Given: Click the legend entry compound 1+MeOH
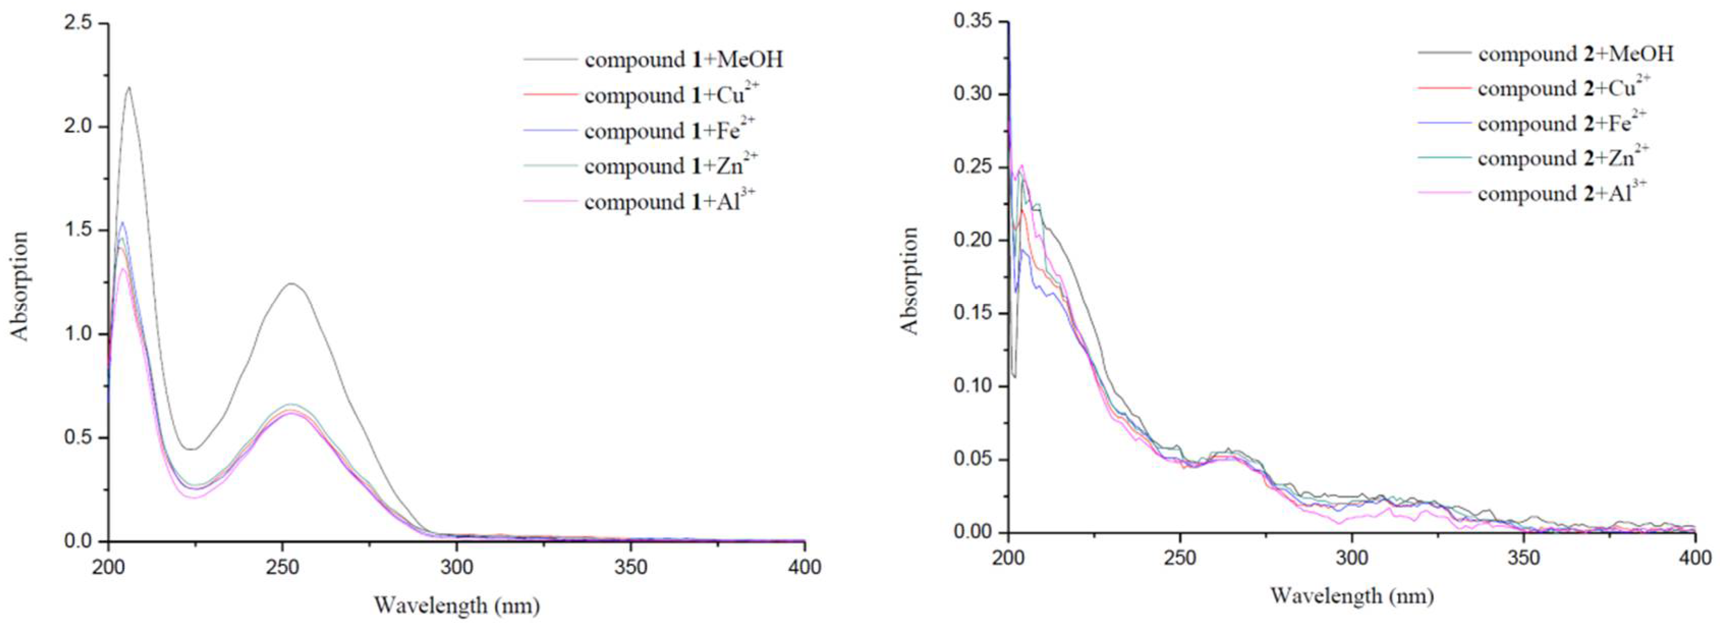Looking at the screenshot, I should [683, 60].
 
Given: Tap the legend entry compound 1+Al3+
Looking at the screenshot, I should [670, 201].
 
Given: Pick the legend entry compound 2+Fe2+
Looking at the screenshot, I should [1562, 124].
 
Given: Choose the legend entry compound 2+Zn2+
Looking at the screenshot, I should [1562, 158].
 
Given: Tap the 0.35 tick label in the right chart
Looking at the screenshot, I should [972, 21].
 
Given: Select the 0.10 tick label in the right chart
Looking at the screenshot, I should [972, 386].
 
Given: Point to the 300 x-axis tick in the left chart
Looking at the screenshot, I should [457, 568].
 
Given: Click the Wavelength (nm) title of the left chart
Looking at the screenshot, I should [457, 606].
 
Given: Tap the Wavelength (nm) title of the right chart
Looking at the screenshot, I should [1351, 595].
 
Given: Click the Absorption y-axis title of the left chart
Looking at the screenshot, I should [19, 285].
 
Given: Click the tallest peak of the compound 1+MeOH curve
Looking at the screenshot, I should [128, 88].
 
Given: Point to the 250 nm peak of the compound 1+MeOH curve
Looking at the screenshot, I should [292, 283].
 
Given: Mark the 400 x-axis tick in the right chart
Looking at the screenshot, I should [1695, 558].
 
